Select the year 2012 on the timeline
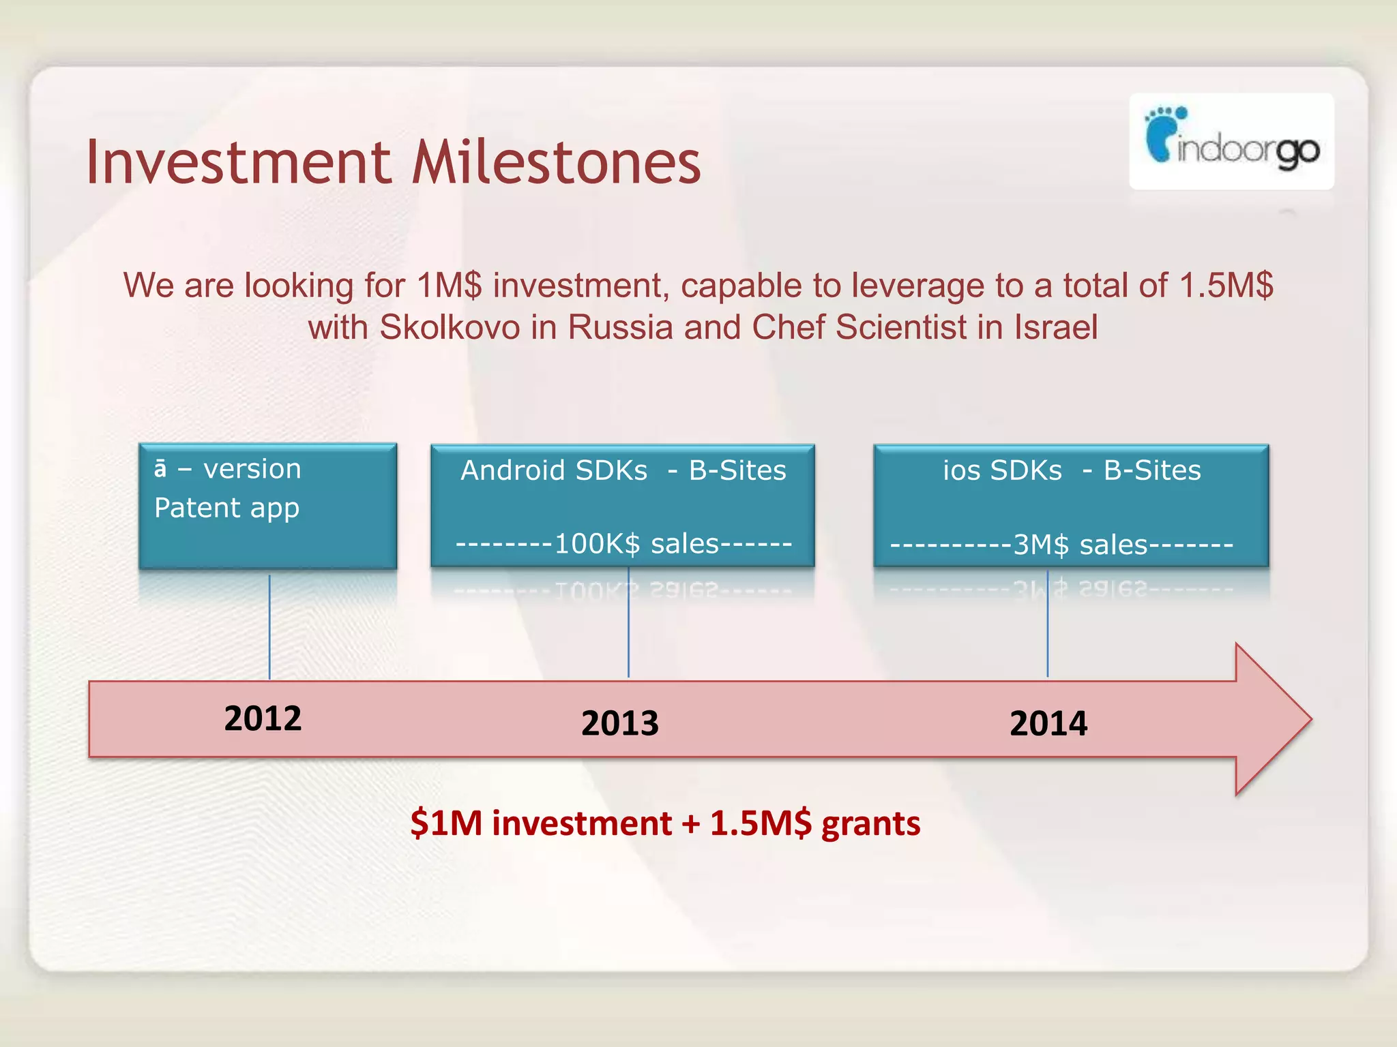263,718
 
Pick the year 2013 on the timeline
619,723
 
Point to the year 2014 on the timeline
1048,723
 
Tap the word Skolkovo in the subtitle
450,328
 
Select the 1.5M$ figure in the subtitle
1226,286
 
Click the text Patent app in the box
226,508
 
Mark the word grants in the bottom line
870,823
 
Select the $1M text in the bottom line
446,823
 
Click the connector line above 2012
269,627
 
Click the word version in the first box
252,469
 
